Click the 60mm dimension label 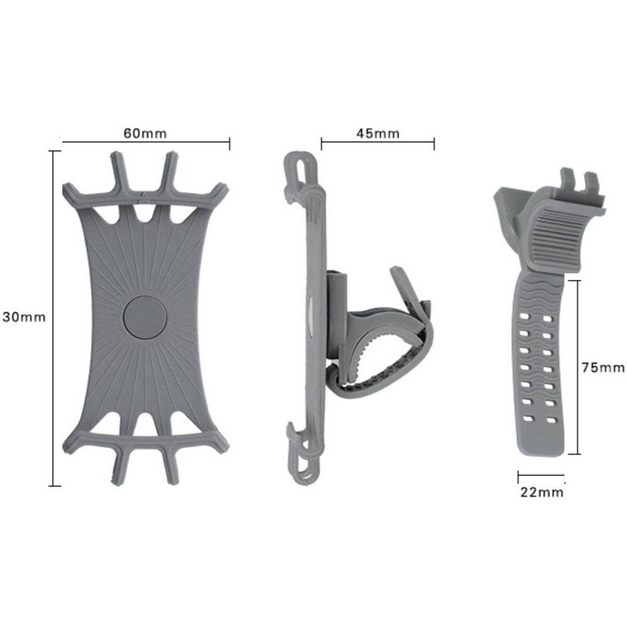145,133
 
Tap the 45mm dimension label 377,133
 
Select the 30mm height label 24,317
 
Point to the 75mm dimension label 603,367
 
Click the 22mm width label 542,492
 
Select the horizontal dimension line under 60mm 145,143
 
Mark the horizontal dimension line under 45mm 377,143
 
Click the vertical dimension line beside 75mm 577,367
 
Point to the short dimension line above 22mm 541,475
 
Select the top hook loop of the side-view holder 297,169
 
